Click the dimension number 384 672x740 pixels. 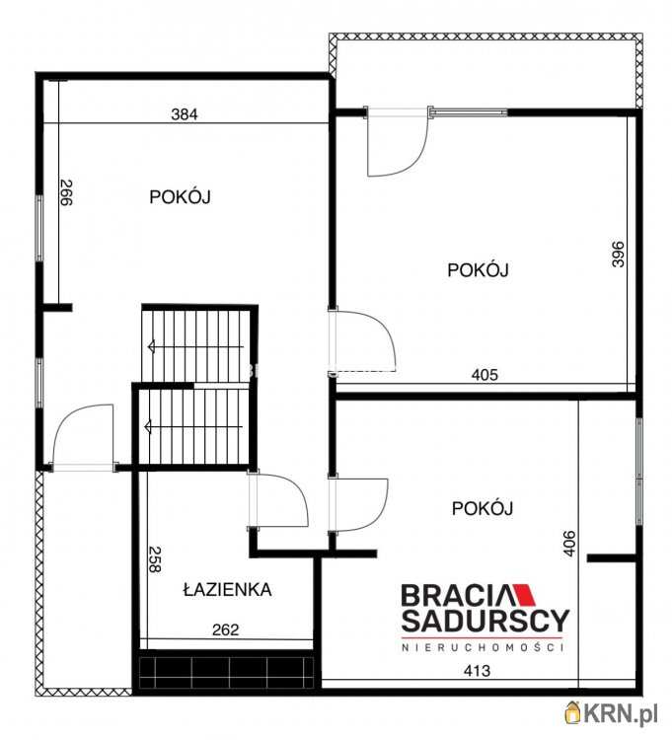[185, 113]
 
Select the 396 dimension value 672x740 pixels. [619, 255]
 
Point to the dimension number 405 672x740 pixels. [485, 375]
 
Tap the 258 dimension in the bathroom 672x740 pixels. [155, 560]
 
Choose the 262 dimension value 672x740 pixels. [226, 629]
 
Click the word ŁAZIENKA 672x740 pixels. [227, 590]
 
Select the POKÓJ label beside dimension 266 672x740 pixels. [181, 196]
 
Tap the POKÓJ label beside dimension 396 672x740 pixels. [478, 269]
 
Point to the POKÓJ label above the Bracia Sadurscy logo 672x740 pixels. [483, 508]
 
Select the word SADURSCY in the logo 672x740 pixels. [484, 621]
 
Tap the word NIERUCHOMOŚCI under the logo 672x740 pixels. [482, 647]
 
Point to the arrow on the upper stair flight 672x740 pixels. [153, 345]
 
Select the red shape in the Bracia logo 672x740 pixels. [521, 595]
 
